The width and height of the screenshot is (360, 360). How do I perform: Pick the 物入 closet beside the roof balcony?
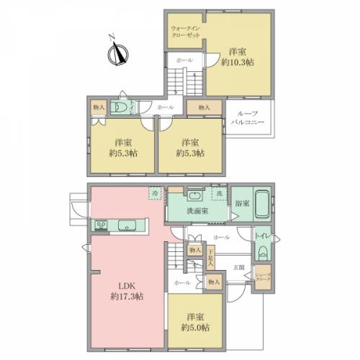click(204, 107)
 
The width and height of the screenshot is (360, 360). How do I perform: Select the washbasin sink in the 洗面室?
click(194, 197)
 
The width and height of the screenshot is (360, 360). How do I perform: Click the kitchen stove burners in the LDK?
click(101, 226)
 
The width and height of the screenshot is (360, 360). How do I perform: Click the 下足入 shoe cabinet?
click(211, 258)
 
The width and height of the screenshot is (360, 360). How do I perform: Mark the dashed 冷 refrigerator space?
click(155, 194)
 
